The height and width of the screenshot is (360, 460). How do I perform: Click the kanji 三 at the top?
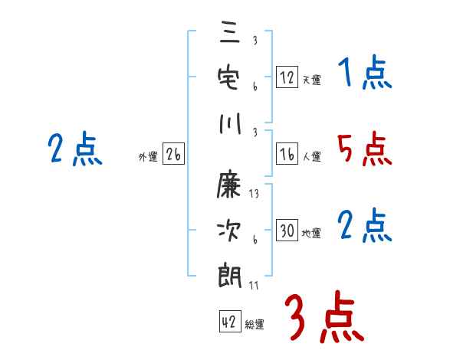point(230,32)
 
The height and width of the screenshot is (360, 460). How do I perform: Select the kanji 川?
point(230,123)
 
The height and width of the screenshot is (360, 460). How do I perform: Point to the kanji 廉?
point(228,184)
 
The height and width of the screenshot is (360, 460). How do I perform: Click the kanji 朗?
point(230,276)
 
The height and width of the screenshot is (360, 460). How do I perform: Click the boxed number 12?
point(287,77)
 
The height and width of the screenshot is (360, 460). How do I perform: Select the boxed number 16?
point(287,154)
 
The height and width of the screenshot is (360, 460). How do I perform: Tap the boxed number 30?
point(287,230)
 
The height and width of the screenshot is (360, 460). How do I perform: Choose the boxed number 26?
point(173,154)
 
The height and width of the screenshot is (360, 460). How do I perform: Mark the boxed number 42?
point(230,321)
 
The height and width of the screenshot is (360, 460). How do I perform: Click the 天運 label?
point(312,80)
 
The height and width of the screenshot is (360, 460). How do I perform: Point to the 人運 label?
point(312,156)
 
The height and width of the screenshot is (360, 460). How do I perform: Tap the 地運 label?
point(311,233)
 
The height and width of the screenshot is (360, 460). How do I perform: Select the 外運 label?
point(148,156)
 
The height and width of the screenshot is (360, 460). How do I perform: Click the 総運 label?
point(255,324)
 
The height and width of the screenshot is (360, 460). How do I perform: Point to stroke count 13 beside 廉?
point(254,194)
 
